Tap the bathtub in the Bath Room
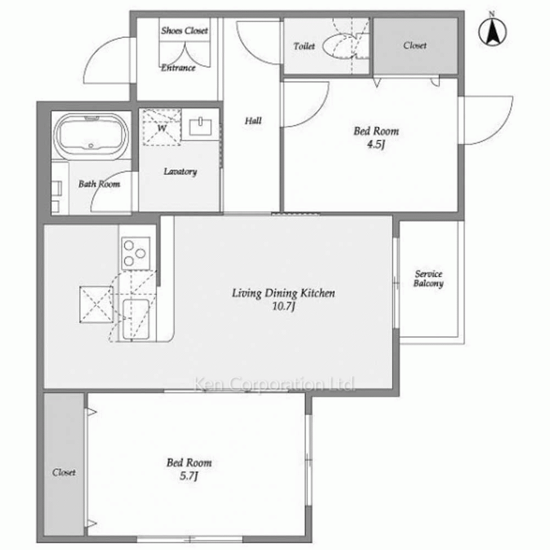click(91, 136)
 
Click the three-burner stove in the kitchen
click(136, 253)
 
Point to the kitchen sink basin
click(135, 319)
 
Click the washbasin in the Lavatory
click(200, 127)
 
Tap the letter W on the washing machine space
click(162, 128)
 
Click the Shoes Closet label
click(184, 31)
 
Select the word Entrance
click(178, 68)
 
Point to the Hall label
click(253, 121)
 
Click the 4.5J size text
click(376, 144)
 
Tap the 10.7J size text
click(283, 306)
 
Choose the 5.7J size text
click(189, 476)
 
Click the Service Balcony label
click(428, 278)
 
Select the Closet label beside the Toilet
click(415, 46)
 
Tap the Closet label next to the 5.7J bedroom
click(64, 472)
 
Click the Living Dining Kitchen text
click(283, 293)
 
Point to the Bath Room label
click(99, 184)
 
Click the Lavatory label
click(180, 172)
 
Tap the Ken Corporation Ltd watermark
click(274, 384)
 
